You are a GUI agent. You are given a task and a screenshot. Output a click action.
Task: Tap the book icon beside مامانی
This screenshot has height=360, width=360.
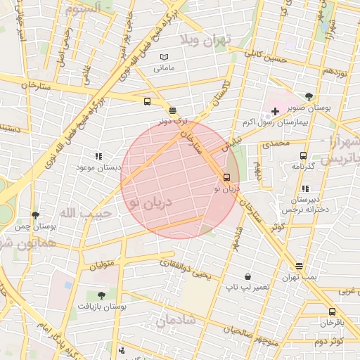[164, 57]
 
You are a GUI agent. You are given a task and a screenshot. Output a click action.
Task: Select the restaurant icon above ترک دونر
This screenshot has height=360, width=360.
[173, 110]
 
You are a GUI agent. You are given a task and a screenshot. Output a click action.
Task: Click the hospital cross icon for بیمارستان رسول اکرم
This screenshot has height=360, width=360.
[275, 111]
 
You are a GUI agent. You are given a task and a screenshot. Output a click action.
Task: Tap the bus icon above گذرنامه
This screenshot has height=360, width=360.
[303, 155]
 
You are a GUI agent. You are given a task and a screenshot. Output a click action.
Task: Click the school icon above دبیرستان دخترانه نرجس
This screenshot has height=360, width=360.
[304, 188]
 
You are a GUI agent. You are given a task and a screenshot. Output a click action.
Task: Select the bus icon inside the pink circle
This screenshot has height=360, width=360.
[226, 177]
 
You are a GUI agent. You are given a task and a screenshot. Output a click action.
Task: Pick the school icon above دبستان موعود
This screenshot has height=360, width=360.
[98, 156]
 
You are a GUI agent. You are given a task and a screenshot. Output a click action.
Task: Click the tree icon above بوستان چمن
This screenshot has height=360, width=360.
[35, 215]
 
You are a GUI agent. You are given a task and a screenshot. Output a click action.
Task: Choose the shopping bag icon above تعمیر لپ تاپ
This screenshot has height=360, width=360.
[247, 276]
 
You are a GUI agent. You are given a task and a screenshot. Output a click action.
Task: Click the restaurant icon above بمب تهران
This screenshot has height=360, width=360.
[300, 266]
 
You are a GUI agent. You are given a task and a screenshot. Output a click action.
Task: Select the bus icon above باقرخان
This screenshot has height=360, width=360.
[332, 311]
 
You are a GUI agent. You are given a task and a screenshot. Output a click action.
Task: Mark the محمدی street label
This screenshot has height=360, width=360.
[274, 143]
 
